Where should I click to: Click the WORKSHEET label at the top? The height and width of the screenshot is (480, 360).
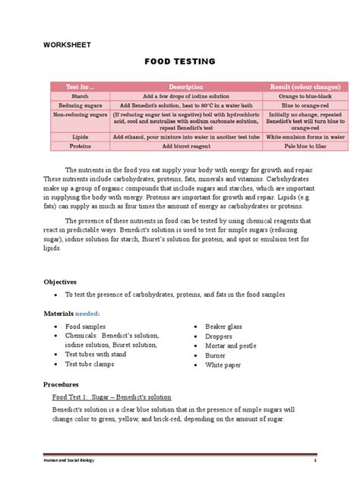(x=67, y=45)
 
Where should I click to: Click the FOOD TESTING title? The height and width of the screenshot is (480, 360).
(x=180, y=61)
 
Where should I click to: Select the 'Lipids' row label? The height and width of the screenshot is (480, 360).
(x=80, y=137)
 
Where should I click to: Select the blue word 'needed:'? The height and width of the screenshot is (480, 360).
(x=88, y=313)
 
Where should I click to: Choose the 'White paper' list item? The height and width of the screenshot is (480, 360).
(x=225, y=365)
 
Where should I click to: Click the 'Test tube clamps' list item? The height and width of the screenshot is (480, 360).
(x=93, y=365)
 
